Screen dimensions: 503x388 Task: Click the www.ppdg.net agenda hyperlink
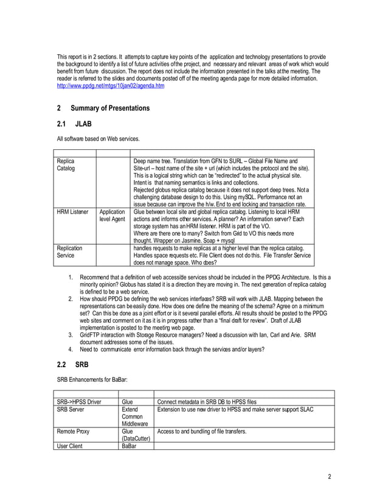click(110, 86)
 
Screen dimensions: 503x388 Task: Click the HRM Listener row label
click(72, 213)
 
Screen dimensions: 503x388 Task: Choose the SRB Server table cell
click(71, 410)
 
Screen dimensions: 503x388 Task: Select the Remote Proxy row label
click(74, 431)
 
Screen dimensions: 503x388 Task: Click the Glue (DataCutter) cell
click(136, 435)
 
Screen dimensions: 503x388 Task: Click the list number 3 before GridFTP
click(71, 335)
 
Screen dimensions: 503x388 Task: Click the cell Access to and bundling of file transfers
click(201, 431)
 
